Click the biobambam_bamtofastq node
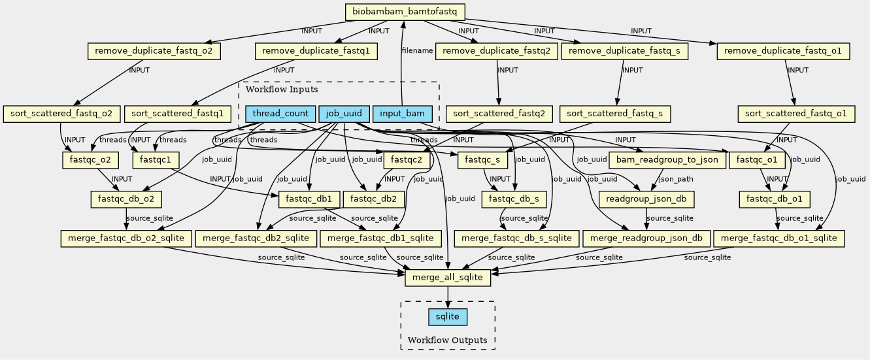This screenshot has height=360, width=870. coord(405,12)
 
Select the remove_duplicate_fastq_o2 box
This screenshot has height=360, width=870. coord(154,52)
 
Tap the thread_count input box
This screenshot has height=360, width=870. coord(280,114)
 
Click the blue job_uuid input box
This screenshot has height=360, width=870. coord(344,114)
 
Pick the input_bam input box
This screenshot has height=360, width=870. coord(402,114)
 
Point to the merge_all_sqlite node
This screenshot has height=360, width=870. coord(448,277)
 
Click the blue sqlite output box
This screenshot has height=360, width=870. coord(448,317)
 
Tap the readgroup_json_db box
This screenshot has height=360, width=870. coord(646,199)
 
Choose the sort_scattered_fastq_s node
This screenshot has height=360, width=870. coord(615,114)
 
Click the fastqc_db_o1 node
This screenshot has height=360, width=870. coord(775,199)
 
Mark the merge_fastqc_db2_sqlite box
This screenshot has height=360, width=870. coord(256,238)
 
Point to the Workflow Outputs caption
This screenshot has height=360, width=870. coord(447,340)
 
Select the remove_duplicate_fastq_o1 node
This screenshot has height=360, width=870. coord(783,52)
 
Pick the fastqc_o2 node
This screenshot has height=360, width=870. coord(85,159)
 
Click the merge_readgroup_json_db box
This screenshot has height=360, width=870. coord(646,238)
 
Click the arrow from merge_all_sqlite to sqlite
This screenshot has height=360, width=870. coord(448,297)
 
